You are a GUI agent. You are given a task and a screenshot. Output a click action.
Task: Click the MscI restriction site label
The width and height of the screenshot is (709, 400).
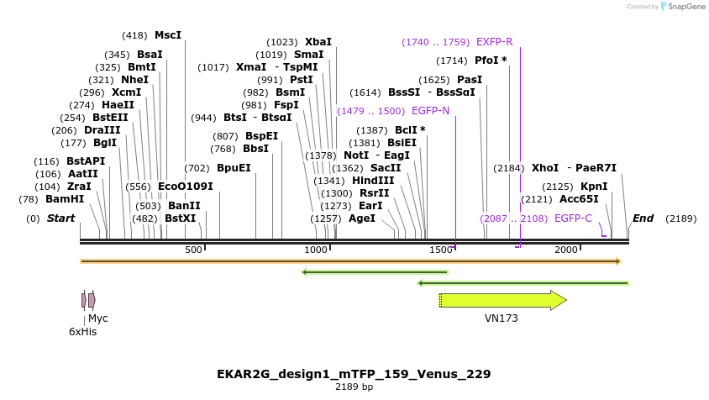(168, 35)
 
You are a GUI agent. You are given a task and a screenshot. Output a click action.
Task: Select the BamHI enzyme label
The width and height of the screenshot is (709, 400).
(65, 199)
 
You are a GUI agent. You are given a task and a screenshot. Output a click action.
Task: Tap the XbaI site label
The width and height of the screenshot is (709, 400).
(318, 41)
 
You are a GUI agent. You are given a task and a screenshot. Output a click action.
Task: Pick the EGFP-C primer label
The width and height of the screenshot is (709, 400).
(573, 218)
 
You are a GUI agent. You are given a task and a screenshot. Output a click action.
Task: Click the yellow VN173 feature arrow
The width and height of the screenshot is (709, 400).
(502, 300)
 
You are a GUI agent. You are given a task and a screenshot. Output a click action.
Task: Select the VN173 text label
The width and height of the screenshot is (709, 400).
(502, 318)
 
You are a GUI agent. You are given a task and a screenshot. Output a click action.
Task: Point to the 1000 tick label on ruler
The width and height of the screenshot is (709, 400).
(316, 250)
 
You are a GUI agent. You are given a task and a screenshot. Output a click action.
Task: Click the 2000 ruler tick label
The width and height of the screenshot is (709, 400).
(566, 250)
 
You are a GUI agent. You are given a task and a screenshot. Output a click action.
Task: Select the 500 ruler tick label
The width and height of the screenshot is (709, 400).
(193, 250)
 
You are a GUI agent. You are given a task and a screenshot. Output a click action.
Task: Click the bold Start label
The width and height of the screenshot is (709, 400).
(60, 218)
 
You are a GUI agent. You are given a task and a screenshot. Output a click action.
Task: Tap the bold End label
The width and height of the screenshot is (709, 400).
(643, 218)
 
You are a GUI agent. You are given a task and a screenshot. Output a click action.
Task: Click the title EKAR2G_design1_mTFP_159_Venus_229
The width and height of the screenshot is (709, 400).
(354, 373)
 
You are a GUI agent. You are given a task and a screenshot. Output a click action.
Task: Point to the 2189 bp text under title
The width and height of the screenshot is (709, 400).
(354, 387)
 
